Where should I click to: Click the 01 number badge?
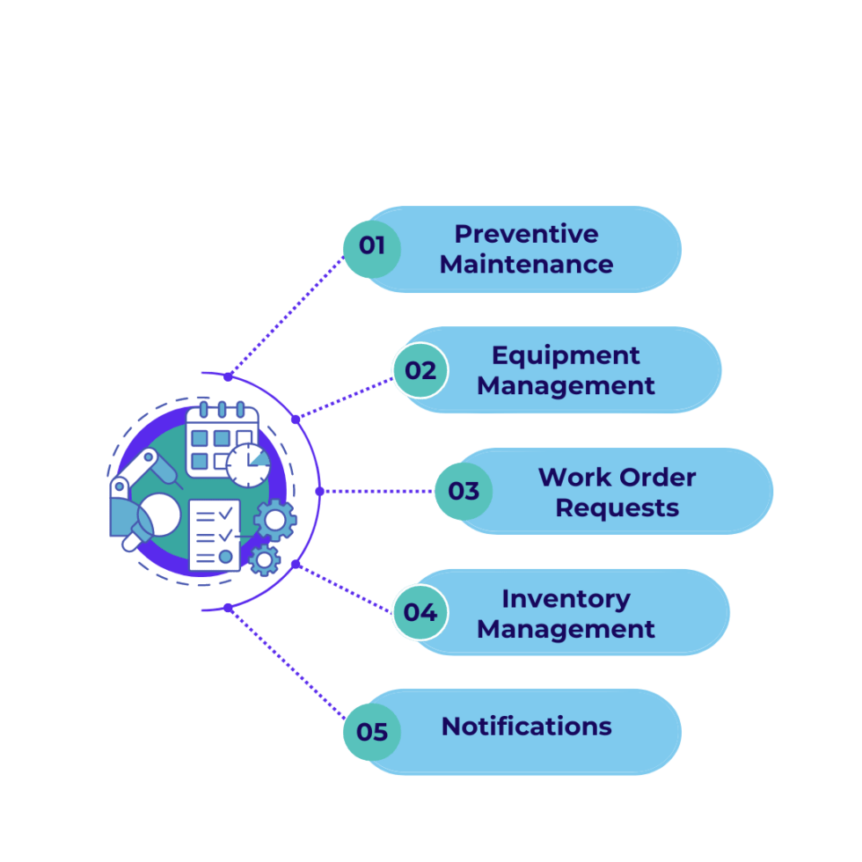click(372, 245)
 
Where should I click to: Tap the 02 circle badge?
click(420, 370)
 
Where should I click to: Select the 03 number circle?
click(464, 491)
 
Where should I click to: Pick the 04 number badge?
click(420, 612)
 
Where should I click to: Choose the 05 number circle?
click(372, 732)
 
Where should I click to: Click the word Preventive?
click(526, 234)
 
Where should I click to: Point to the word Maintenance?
click(526, 264)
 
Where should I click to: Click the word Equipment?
click(566, 355)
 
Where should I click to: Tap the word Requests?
click(617, 508)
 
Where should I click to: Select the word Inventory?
click(566, 599)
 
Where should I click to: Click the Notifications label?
click(526, 727)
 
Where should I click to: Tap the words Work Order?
click(617, 477)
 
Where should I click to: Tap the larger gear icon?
click(275, 521)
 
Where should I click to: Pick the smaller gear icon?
click(264, 559)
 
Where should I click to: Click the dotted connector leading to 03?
click(378, 491)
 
